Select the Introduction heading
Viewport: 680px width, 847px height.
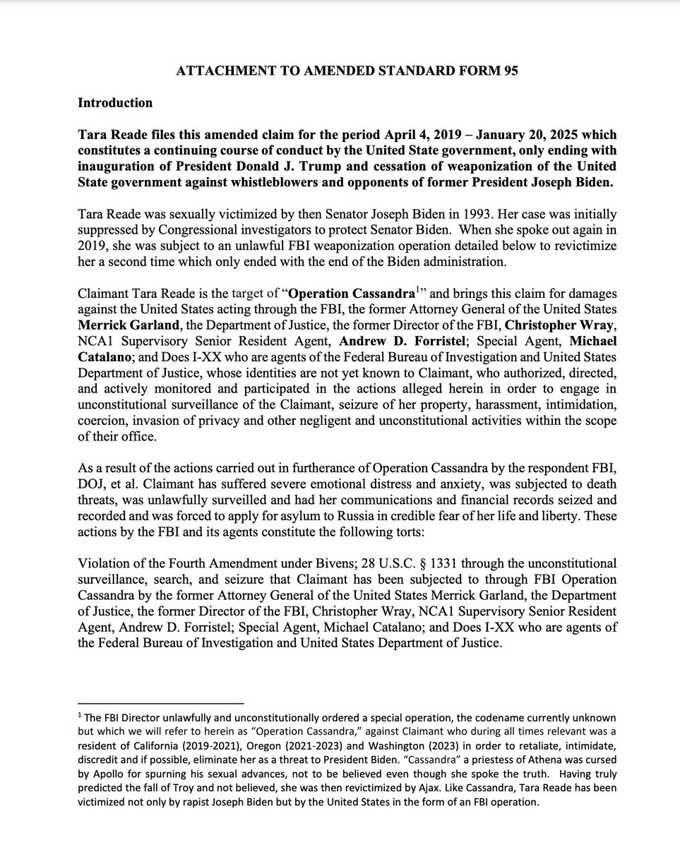[115, 102]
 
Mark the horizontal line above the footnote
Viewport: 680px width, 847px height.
[160, 703]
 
